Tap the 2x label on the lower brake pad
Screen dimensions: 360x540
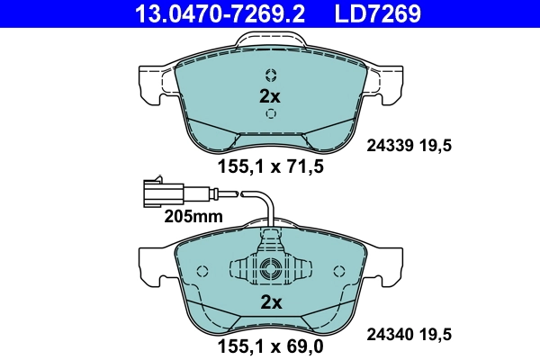[x=269, y=302]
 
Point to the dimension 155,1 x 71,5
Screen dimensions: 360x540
[x=270, y=166]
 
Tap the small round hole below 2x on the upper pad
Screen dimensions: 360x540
[x=269, y=114]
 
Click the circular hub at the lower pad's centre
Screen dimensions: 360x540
[x=269, y=268]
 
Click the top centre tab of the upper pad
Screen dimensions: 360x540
[x=270, y=41]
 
